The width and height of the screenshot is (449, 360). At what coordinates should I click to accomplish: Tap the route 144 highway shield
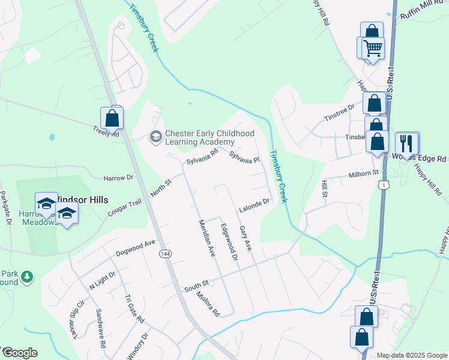point(164,254)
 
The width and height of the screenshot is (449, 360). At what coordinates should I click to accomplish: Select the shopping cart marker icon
point(373,47)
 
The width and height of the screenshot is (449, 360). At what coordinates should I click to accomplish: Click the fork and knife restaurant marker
point(408,143)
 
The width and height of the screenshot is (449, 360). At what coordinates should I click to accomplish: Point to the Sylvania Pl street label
point(244,158)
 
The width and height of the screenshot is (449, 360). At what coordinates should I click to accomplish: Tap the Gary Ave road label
point(245,238)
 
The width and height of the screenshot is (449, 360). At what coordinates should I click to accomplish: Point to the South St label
point(196,284)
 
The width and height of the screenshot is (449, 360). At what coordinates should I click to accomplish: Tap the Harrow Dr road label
point(118,178)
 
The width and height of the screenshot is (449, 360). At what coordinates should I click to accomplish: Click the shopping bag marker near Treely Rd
point(112,118)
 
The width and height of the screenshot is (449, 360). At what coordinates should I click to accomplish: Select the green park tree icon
point(26,277)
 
